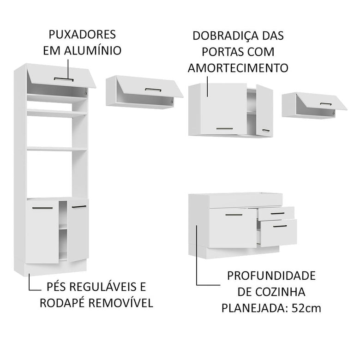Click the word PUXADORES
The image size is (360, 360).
tap(82, 35)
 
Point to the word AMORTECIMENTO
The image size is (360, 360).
tap(238, 68)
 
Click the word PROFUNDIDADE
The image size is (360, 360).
tap(271, 276)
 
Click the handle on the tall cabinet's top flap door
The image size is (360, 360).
tap(64, 79)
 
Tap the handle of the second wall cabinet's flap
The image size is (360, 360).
tap(152, 89)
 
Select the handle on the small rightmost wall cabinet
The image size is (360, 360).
tap(326, 104)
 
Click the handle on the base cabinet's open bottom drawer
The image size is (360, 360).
tap(279, 226)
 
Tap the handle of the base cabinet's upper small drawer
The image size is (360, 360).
tap(277, 213)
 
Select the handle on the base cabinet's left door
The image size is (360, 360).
tap(234, 215)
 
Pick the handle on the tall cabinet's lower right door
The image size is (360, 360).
tap(79, 206)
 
